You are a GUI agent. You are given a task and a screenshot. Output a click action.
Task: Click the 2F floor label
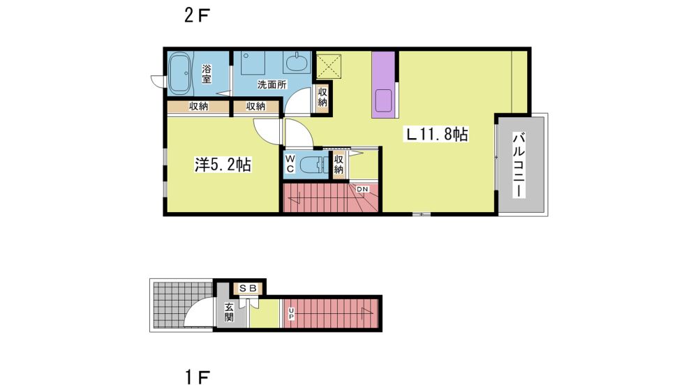pos(196,16)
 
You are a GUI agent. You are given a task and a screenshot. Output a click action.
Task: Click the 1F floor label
pos(196,378)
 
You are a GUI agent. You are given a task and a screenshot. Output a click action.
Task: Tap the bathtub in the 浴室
pos(179,73)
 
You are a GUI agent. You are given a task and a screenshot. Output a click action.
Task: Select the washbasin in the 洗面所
pos(297,62)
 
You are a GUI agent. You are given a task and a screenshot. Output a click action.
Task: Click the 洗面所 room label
pos(272,84)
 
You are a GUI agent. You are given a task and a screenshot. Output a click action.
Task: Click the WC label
pos(290,163)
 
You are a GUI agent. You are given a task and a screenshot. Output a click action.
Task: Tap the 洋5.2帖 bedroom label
pos(223,165)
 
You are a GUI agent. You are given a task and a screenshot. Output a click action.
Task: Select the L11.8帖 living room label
pos(436,134)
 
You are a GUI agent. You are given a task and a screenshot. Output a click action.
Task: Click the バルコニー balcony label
pos(519,165)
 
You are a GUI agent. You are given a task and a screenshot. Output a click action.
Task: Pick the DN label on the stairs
pos(362,189)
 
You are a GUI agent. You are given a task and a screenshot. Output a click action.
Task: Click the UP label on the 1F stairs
pos(291,313)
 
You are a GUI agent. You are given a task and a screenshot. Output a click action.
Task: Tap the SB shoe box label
pos(248,288)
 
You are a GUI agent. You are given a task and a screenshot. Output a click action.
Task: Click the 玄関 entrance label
pos(229,312)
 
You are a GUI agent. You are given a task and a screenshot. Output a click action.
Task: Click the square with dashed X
pos(329,66)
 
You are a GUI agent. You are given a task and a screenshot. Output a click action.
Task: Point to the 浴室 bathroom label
pos(207,74)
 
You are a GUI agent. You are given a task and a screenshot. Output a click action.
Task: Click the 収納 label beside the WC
pos(339,164)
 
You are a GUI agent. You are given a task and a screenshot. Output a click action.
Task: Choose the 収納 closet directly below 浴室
pos(198,106)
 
